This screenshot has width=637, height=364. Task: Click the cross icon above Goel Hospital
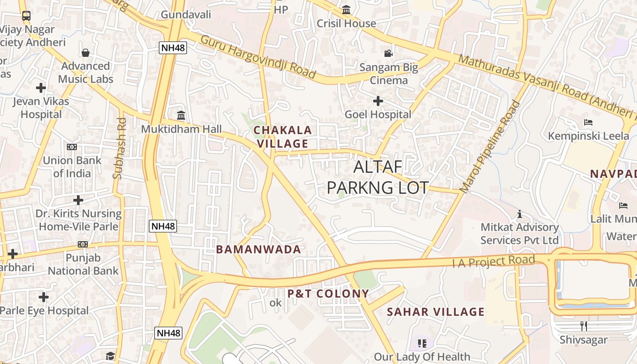point(378,101)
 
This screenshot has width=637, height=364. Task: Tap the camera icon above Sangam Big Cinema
point(388,53)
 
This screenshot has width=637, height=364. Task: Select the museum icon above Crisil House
point(346,10)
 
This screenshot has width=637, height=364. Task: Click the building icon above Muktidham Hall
point(181,115)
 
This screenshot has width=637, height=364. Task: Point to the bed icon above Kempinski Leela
point(588,122)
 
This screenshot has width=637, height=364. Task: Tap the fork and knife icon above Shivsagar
point(584,326)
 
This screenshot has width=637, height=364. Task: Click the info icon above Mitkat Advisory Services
point(519,213)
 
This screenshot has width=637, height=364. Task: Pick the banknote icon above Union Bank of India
point(72,147)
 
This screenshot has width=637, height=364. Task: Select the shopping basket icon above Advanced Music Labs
point(86,53)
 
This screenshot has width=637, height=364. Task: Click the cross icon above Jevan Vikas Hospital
point(41,87)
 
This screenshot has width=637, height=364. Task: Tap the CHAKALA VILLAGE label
point(282,137)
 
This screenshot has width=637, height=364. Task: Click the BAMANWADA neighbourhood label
point(258,249)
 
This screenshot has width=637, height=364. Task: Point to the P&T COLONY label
point(328,293)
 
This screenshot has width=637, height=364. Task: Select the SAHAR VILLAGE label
point(435,312)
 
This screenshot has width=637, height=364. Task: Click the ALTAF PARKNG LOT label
point(378,177)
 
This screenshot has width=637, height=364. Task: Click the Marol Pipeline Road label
point(490,147)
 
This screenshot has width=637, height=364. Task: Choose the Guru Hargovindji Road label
point(258,56)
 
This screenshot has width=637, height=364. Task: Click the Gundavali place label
point(186,15)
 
